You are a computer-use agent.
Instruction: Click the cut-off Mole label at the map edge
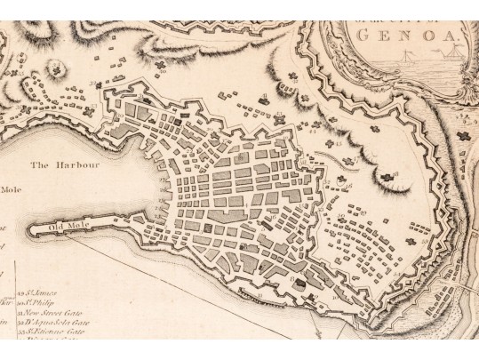click(10, 188)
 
